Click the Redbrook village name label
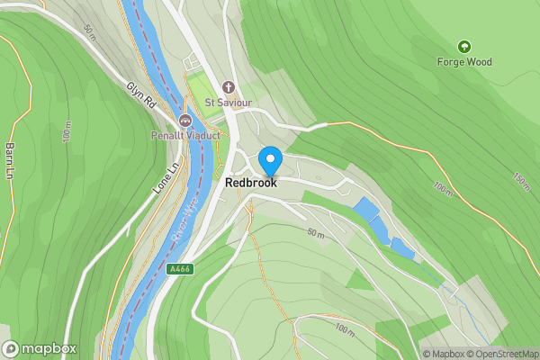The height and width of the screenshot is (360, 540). tap(251, 182)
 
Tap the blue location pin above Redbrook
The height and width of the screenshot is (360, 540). tap(270, 160)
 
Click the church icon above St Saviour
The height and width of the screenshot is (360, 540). tap(229, 88)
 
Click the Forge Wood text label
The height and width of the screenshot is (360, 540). tap(463, 62)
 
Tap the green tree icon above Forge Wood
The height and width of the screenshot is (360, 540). tap(464, 46)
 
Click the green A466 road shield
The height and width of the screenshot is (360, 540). tap(180, 268)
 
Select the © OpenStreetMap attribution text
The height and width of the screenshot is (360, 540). tap(501, 354)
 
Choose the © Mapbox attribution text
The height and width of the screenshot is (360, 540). tap(443, 354)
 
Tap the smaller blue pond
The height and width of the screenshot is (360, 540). tap(402, 248)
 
